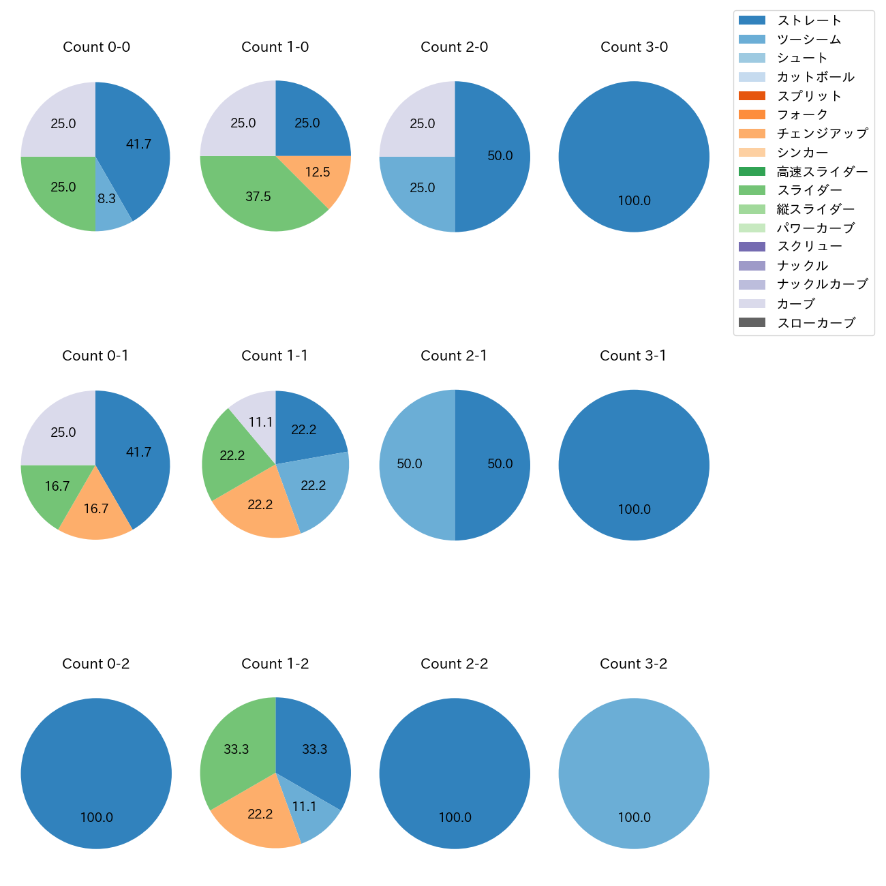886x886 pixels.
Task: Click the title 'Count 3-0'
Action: click(x=634, y=47)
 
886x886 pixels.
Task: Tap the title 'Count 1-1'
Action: click(x=275, y=356)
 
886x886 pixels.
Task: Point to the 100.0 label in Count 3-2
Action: click(x=634, y=817)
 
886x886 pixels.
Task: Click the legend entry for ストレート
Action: click(x=809, y=20)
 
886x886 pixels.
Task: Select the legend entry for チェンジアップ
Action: click(x=822, y=134)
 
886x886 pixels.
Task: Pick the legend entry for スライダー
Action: click(x=809, y=190)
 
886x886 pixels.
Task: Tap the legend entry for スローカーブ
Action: click(x=816, y=323)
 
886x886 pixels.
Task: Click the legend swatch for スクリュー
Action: click(x=752, y=247)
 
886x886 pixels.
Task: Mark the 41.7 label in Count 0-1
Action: click(x=138, y=452)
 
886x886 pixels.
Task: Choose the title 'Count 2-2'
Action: click(x=454, y=664)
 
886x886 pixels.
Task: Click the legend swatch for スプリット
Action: click(x=752, y=96)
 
